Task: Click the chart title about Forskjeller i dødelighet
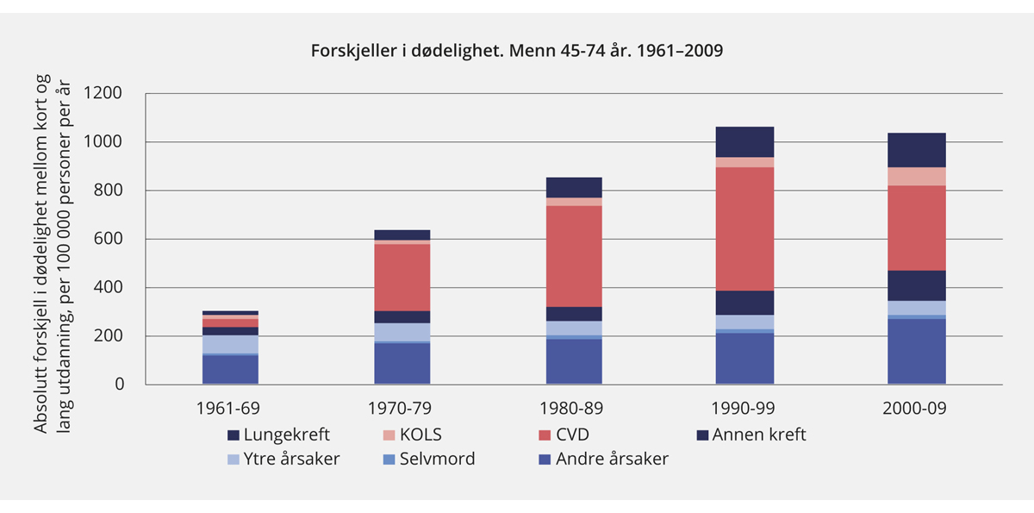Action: (516, 51)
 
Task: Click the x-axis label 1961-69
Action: (230, 408)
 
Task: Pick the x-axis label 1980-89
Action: (574, 408)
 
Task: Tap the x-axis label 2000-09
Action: (917, 408)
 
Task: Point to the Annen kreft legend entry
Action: (758, 435)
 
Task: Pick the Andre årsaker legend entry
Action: (612, 459)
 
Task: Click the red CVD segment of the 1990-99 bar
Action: (744, 228)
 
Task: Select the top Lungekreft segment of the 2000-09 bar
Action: (917, 150)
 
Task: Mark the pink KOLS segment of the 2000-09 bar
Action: (917, 177)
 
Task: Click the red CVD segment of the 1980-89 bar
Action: (574, 256)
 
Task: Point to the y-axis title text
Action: (52, 239)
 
